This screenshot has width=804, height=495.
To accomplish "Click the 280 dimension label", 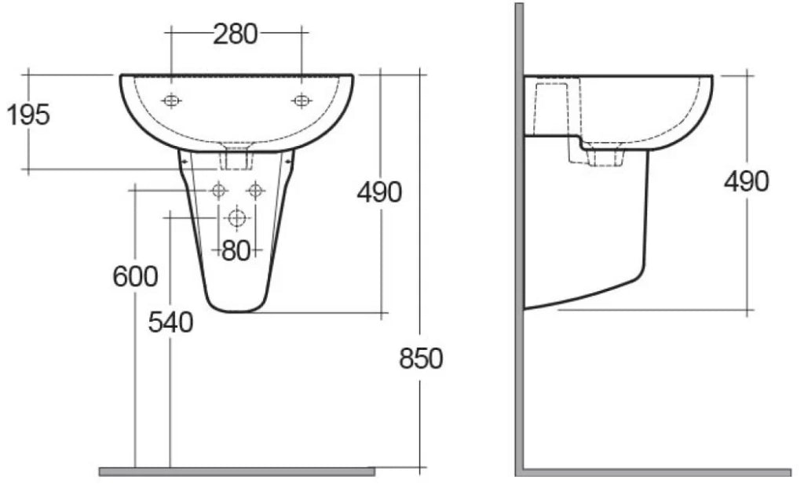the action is [x=236, y=35].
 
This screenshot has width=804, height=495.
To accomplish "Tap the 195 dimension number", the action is [x=28, y=115].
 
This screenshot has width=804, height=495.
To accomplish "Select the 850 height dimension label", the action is [x=421, y=359].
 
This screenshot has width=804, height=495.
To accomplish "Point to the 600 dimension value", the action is [x=135, y=277].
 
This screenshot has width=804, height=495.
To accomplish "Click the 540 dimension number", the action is [x=170, y=322].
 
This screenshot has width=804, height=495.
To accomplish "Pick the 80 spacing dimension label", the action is [x=236, y=251].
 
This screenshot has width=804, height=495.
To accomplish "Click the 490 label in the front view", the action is [x=379, y=193].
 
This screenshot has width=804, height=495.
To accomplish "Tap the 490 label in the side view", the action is [x=747, y=181].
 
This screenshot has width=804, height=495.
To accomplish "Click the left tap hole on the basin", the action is [x=171, y=101].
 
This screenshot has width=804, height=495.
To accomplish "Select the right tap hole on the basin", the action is [x=301, y=101].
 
